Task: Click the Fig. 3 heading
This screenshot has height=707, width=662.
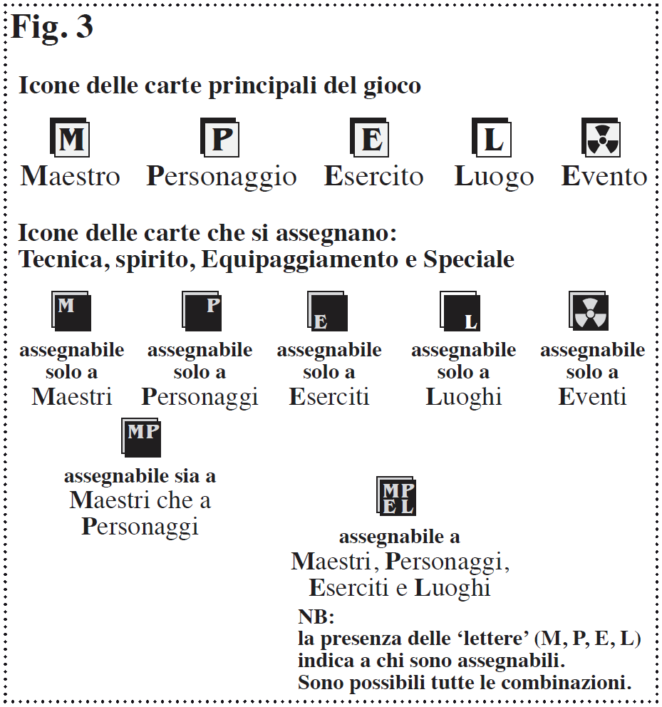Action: (x=52, y=27)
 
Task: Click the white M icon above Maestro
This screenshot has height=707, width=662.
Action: (x=70, y=138)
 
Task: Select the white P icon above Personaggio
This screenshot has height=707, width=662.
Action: (x=220, y=138)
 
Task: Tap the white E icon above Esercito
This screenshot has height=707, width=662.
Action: (x=370, y=138)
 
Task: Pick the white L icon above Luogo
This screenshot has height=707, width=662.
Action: (x=492, y=138)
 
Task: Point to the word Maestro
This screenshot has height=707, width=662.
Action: (x=71, y=177)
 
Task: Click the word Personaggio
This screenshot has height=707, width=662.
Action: (x=222, y=177)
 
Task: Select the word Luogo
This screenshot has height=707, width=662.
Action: (x=494, y=177)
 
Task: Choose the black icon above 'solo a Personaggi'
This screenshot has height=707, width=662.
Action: (x=202, y=311)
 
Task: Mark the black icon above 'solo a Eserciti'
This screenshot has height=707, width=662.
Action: (x=327, y=311)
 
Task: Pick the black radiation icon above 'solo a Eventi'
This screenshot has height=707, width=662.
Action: (x=589, y=311)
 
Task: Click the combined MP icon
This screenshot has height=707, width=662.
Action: (x=141, y=437)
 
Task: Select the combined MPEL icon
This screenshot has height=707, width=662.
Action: (x=395, y=496)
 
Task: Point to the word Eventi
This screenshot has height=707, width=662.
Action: (x=592, y=397)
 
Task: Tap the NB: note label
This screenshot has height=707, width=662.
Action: (x=316, y=616)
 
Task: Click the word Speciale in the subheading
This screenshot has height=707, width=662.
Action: (x=468, y=259)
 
